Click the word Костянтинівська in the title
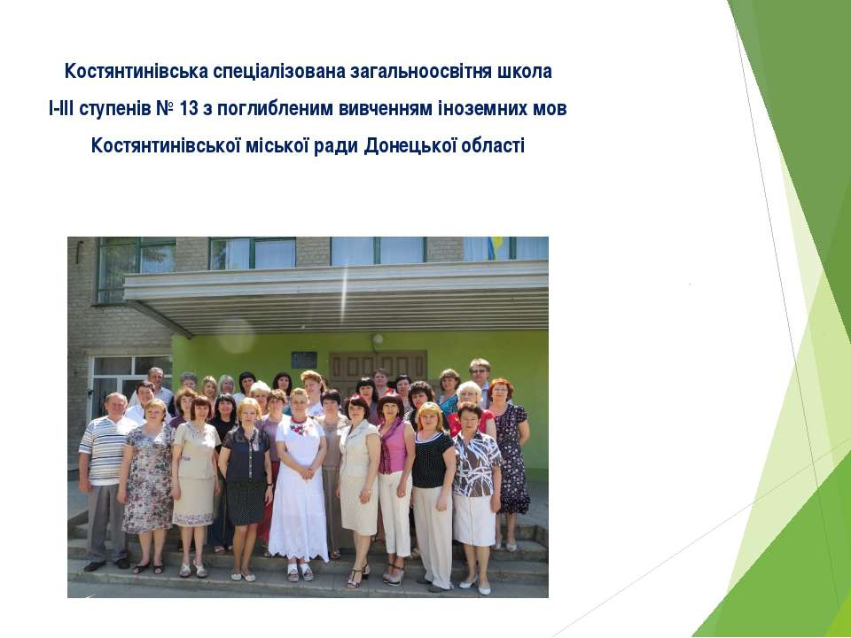[x=137, y=71]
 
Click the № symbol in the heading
[x=165, y=108]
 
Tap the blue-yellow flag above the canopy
[x=495, y=247]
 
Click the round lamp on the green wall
[x=378, y=339]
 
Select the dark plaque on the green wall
[x=304, y=360]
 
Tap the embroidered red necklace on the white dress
[x=300, y=427]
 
